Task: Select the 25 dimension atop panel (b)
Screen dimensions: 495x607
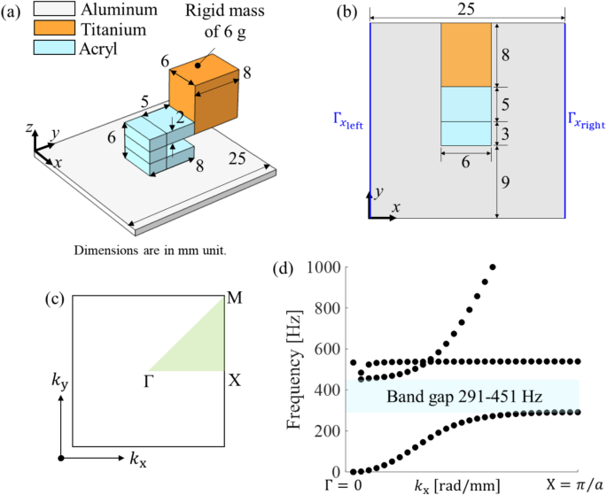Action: [466, 11]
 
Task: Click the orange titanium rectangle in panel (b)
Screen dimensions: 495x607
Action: [466, 54]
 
